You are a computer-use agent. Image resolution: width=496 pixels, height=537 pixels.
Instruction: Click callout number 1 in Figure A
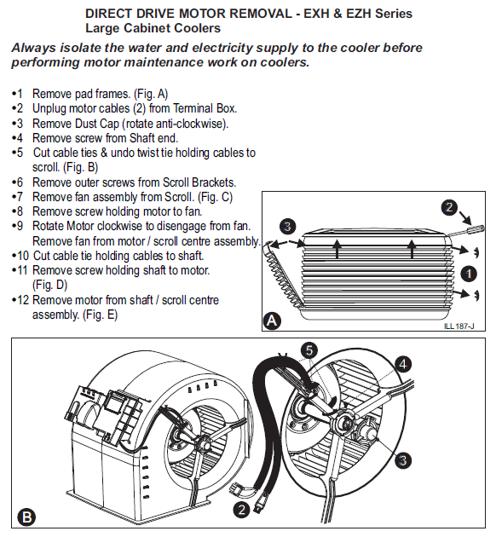pyautogui.click(x=469, y=274)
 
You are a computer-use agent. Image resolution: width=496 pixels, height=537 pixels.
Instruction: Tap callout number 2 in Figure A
pyautogui.click(x=449, y=207)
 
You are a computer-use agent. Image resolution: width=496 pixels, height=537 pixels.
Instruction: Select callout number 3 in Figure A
pyautogui.click(x=287, y=227)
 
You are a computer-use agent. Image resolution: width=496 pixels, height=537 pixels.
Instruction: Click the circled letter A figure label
pyautogui.click(x=272, y=320)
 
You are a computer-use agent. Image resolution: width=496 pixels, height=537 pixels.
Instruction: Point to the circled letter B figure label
pyautogui.click(x=26, y=517)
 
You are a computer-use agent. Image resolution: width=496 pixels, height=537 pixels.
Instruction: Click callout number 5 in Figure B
pyautogui.click(x=309, y=350)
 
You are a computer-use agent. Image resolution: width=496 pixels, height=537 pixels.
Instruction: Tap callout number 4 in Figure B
pyautogui.click(x=403, y=364)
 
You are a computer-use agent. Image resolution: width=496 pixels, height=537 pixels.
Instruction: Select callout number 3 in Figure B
pyautogui.click(x=402, y=460)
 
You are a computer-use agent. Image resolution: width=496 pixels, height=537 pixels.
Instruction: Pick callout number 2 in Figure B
pyautogui.click(x=241, y=510)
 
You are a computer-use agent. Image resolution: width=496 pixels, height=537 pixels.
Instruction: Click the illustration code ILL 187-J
pyautogui.click(x=459, y=326)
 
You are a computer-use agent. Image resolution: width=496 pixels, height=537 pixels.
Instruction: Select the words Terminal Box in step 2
pyautogui.click(x=205, y=108)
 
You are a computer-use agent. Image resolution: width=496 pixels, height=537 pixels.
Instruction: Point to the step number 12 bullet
pyautogui.click(x=20, y=300)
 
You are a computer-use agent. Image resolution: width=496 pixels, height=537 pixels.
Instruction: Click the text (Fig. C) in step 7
pyautogui.click(x=216, y=197)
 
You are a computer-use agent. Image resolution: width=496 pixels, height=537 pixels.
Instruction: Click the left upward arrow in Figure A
pyautogui.click(x=337, y=249)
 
